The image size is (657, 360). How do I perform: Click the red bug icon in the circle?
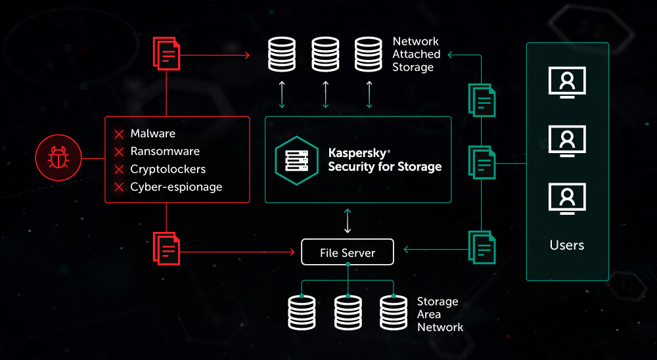point(57,158)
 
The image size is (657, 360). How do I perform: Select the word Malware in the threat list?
point(152,134)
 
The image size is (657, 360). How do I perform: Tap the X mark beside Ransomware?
point(119,152)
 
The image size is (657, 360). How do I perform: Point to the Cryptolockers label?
point(168,169)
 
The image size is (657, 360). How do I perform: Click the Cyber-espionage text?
point(176,187)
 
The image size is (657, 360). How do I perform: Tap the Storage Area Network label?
point(440,314)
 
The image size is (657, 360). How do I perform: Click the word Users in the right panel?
point(566,245)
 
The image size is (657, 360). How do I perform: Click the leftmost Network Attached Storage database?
point(283,55)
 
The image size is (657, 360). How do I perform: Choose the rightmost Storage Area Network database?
point(394,313)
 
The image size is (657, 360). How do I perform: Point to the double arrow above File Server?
point(348,222)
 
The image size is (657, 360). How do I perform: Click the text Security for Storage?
point(384,166)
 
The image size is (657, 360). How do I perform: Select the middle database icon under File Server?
point(348,313)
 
